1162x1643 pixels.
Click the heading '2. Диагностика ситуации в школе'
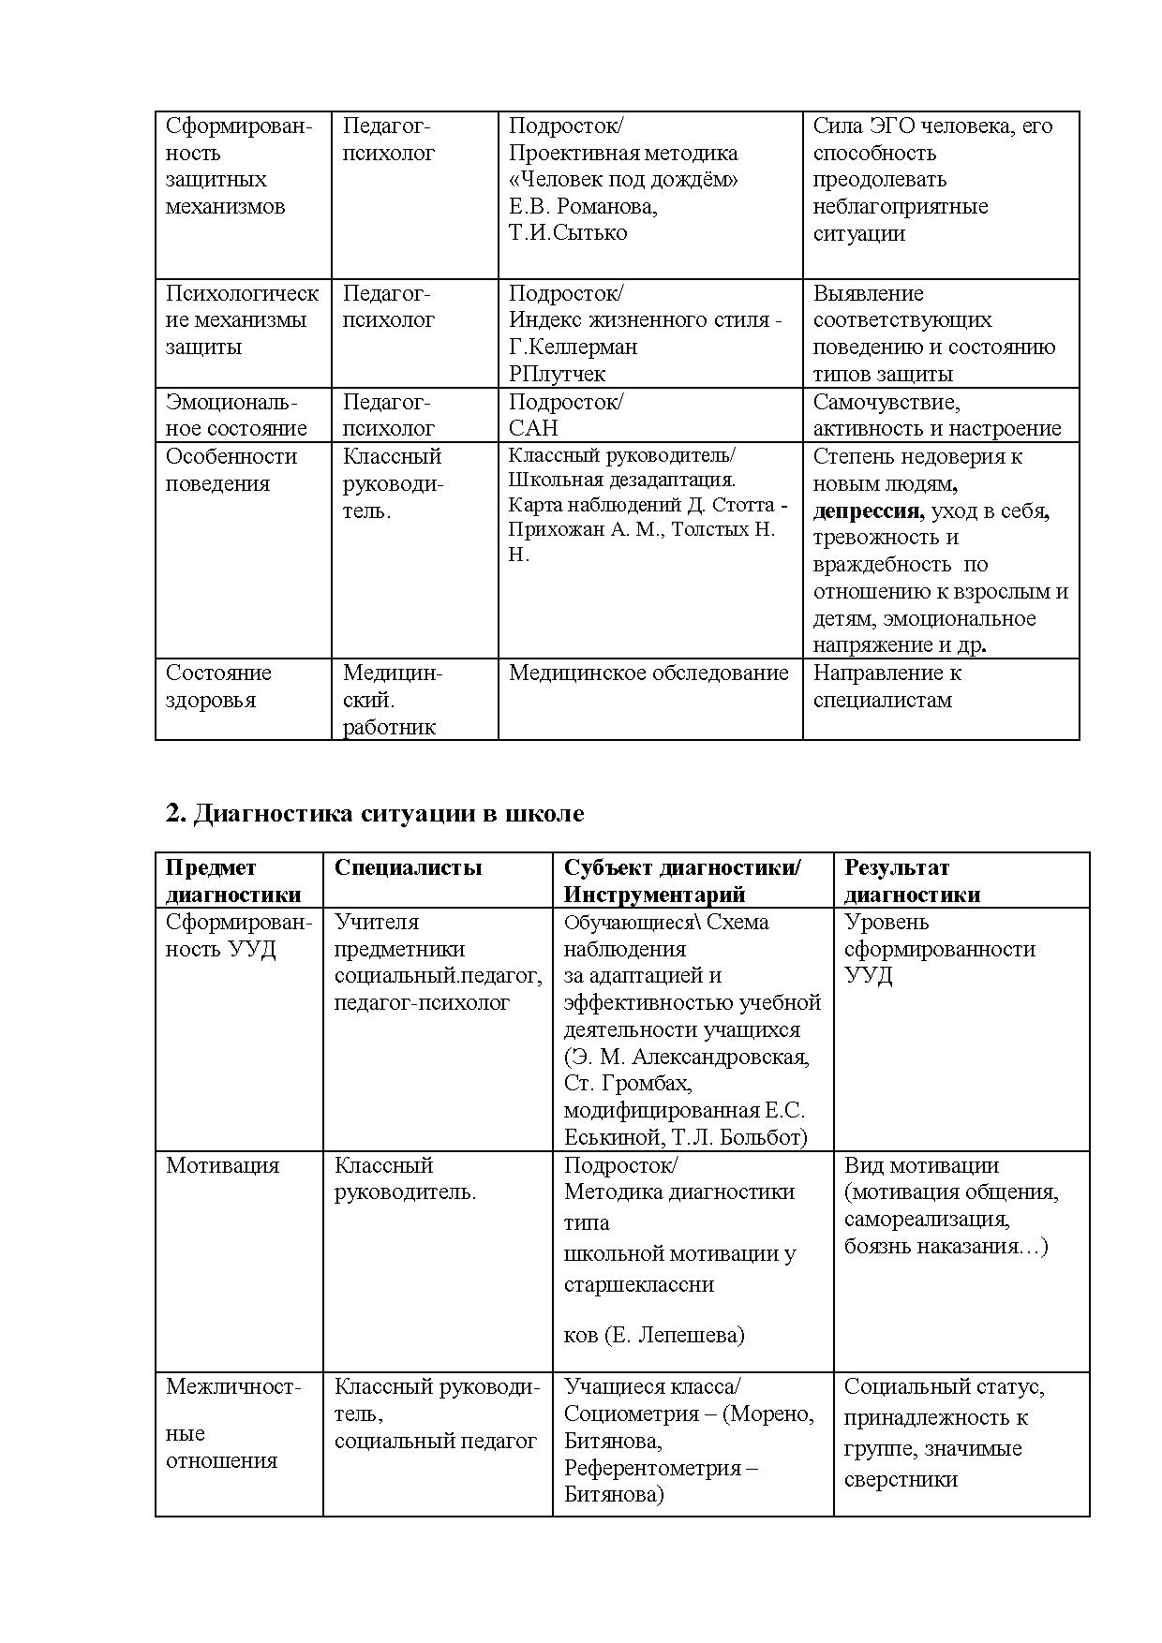tap(374, 813)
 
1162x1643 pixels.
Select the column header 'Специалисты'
tap(408, 867)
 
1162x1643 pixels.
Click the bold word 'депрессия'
tap(868, 511)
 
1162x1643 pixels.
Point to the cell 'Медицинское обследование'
tap(648, 673)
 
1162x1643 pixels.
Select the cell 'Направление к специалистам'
tap(886, 687)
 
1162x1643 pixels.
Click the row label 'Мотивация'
tap(222, 1165)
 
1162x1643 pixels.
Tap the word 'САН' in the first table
tap(533, 428)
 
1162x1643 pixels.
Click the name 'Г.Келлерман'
tap(573, 347)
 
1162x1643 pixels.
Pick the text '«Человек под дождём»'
tap(622, 180)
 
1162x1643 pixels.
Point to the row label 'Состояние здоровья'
tap(217, 687)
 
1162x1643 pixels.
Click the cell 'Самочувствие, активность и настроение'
tap(936, 415)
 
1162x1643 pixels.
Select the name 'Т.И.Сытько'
tap(568, 232)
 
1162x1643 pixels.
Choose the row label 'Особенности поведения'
tap(231, 470)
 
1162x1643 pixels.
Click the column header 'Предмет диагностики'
tap(232, 881)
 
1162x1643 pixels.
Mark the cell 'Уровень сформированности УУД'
tap(938, 948)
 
